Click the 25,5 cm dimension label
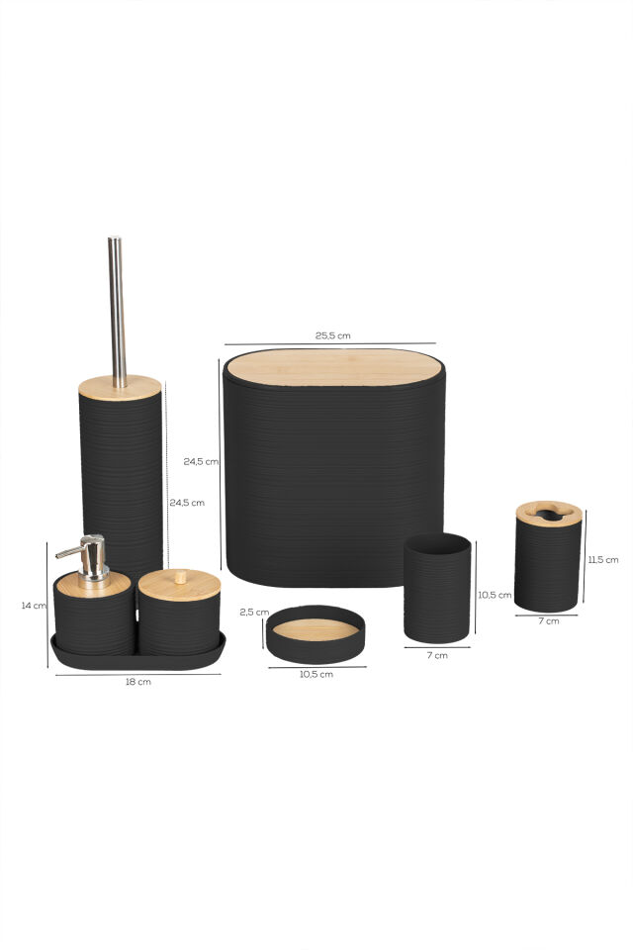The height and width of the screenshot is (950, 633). pos(332,335)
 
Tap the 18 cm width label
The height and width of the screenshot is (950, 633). pos(138,682)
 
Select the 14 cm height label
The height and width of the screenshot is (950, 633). pos(34,606)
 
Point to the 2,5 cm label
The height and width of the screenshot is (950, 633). pos(254,612)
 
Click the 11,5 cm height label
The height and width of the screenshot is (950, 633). pos(603,560)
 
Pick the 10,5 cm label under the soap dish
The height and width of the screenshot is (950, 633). pos(316,674)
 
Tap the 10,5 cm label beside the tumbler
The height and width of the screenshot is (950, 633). pos(495,595)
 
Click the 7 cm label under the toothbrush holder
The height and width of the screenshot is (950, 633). pos(549,621)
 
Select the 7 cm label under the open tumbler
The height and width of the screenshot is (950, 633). pos(437,655)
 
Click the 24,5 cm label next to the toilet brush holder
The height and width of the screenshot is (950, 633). pos(187,503)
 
